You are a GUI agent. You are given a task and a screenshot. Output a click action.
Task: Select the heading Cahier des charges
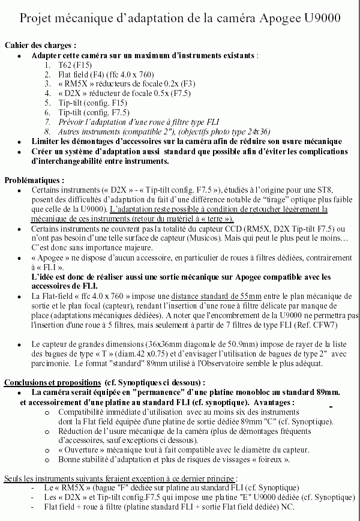click(40, 46)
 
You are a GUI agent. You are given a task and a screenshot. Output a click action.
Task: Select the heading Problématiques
click(34, 179)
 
